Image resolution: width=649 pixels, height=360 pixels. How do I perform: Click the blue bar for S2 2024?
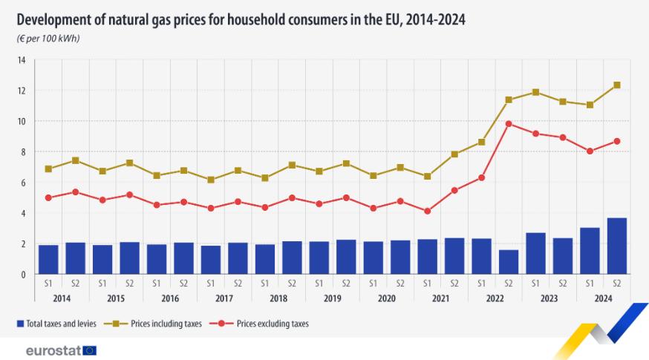616,246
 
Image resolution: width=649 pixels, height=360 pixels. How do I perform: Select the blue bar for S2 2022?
508,261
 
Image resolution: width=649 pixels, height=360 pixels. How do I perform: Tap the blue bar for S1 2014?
48,259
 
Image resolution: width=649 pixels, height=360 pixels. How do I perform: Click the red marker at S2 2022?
508,124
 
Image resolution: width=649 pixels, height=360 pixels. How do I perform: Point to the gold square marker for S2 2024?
616,85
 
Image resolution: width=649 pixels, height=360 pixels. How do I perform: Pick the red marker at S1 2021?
427,211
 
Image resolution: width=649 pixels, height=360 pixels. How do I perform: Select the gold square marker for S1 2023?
535,92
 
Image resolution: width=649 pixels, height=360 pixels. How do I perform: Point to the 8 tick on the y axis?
23,152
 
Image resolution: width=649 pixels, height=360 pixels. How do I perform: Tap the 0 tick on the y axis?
23,275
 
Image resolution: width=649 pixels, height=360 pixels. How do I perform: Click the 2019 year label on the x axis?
332,298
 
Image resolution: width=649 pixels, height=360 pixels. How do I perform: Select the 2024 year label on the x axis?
603,298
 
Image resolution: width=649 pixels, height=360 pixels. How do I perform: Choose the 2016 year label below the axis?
169,298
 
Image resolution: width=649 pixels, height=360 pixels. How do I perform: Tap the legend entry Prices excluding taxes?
272,324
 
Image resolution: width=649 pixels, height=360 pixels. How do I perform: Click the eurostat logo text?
53,350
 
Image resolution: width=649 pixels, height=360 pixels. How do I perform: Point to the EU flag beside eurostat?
91,350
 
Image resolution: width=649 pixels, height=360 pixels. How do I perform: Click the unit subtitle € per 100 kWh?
48,38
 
